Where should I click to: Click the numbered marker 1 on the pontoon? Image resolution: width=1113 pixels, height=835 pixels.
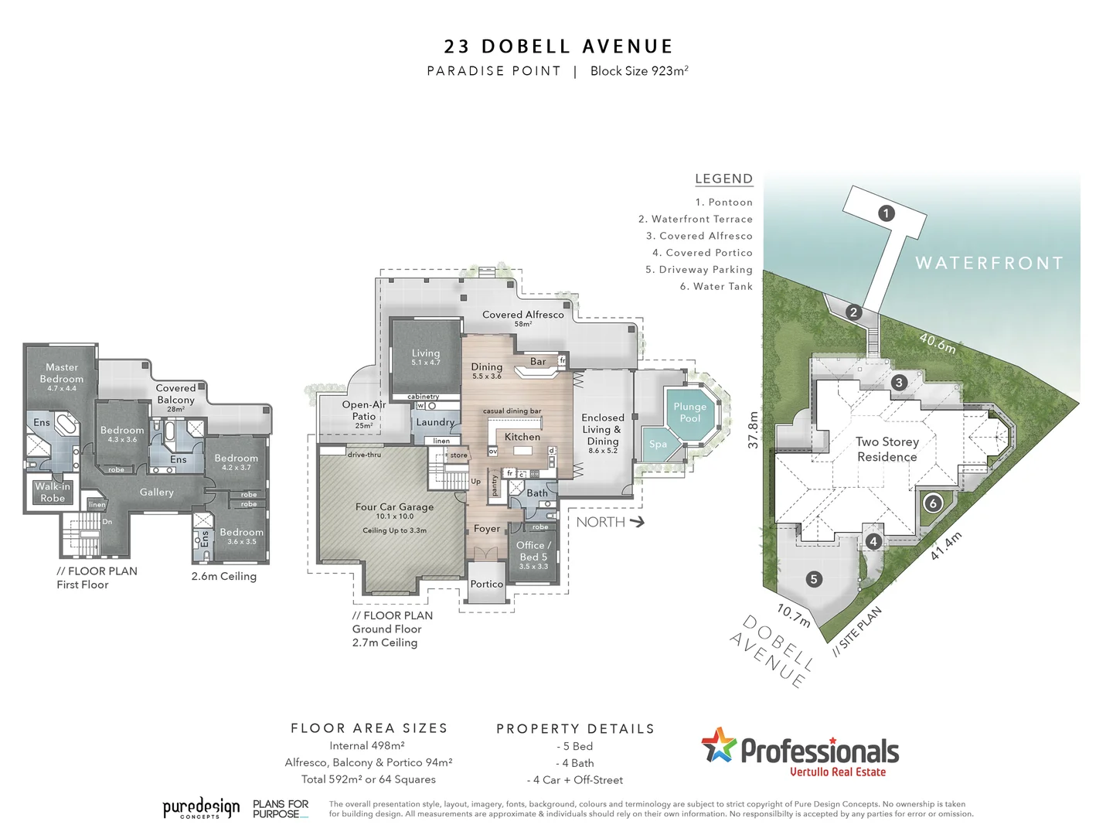click(x=887, y=213)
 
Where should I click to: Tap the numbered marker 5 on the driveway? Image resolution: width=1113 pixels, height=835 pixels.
click(x=813, y=579)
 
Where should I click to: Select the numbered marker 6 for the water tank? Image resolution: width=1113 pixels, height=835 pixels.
click(x=933, y=503)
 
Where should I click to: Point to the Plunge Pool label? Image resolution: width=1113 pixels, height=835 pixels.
click(x=689, y=412)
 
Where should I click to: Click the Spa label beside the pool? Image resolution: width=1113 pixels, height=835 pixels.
click(x=658, y=445)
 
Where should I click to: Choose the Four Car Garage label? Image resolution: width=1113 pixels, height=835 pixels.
click(x=394, y=507)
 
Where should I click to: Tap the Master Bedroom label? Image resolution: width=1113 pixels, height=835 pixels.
click(x=62, y=373)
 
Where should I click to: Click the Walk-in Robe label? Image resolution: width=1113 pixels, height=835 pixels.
click(x=53, y=492)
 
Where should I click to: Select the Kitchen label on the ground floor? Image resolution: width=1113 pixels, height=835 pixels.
click(x=522, y=437)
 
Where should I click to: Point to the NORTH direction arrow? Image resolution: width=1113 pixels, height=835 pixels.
click(x=637, y=522)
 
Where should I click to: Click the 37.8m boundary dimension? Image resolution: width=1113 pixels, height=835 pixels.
click(x=753, y=430)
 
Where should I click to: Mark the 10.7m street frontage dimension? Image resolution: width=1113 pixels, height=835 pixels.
click(x=794, y=615)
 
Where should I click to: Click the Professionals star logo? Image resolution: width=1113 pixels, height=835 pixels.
click(x=719, y=745)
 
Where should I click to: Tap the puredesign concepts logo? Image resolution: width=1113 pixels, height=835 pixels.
click(x=201, y=809)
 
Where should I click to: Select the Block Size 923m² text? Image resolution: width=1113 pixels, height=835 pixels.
click(x=639, y=71)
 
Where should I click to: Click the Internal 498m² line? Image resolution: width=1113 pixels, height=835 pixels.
click(x=367, y=746)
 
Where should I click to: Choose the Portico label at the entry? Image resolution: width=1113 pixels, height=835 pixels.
click(x=487, y=584)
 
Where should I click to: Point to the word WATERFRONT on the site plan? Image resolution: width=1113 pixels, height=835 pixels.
click(x=989, y=263)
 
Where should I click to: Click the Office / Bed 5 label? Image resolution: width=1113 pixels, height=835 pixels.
click(x=533, y=551)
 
